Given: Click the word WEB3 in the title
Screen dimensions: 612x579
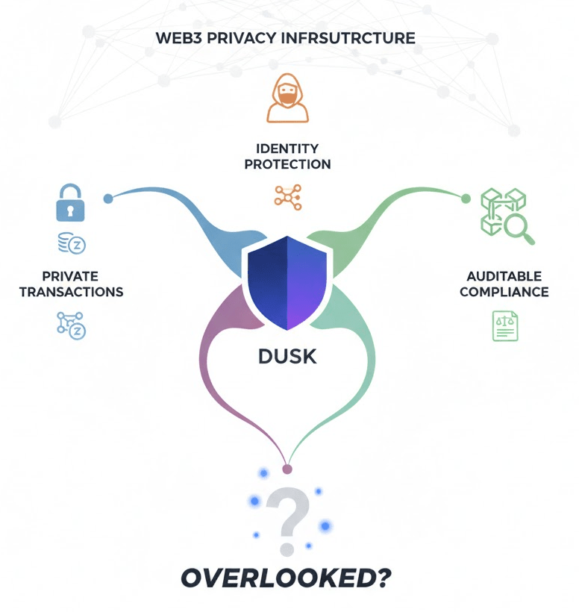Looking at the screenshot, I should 177,37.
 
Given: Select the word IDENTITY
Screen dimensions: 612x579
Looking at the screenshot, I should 287,149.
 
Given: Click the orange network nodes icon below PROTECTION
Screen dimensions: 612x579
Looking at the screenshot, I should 287,195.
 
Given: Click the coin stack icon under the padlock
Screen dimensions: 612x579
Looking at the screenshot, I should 71,243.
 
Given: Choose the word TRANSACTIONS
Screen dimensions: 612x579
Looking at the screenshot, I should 71,292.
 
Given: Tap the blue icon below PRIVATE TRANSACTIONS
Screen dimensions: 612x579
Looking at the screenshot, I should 71,325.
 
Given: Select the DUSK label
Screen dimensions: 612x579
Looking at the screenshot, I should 287,357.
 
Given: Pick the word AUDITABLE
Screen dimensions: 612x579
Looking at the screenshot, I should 504,277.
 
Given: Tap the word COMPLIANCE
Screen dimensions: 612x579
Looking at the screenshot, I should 504,292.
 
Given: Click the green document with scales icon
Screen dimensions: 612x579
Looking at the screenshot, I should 504,326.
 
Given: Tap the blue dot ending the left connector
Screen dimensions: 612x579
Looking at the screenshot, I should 108,199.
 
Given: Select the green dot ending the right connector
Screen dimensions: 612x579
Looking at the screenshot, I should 466,199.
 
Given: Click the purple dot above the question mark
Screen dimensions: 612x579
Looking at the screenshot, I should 287,469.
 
